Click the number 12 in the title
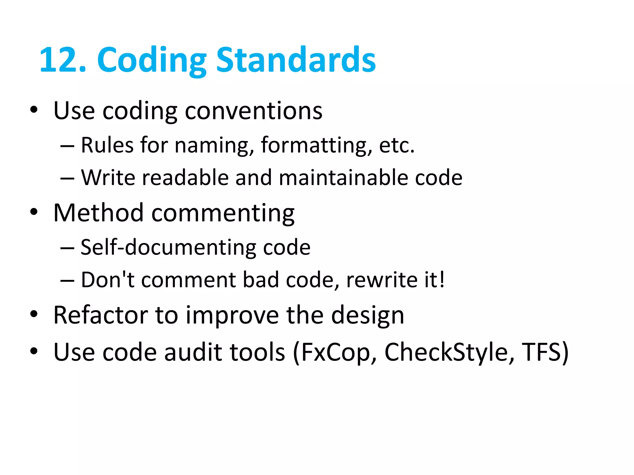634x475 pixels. pyautogui.click(x=59, y=60)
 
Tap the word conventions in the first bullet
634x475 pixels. pyautogui.click(x=254, y=111)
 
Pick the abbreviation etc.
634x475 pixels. pyautogui.click(x=397, y=145)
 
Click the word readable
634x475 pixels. pyautogui.click(x=185, y=178)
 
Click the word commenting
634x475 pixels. pyautogui.click(x=223, y=213)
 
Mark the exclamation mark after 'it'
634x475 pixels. pyautogui.click(x=442, y=280)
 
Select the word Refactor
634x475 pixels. pyautogui.click(x=100, y=315)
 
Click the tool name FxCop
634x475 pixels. pyautogui.click(x=335, y=352)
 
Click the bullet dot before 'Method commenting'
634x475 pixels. pyautogui.click(x=34, y=212)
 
